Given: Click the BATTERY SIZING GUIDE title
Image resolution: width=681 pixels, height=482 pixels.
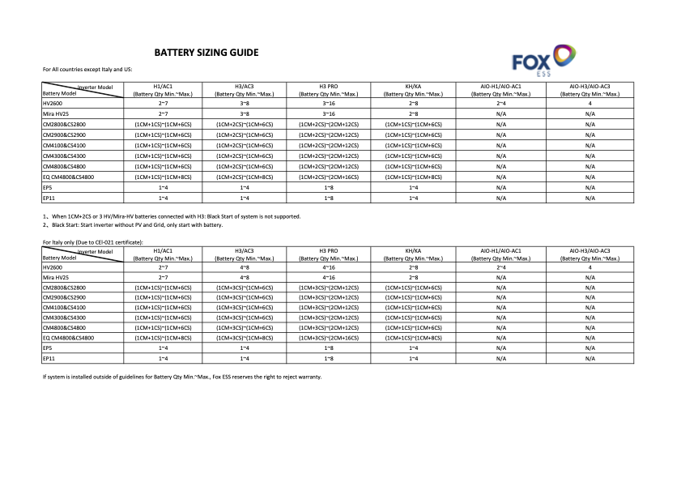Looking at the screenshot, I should click(x=206, y=53).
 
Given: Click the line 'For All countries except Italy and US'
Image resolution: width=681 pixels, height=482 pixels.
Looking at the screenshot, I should click(x=87, y=70).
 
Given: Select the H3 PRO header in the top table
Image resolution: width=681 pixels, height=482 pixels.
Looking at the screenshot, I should click(x=328, y=85).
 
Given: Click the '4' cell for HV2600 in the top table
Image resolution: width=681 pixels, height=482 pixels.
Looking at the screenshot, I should click(x=589, y=104).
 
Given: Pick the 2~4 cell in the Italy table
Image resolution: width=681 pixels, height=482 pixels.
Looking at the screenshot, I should click(x=500, y=267).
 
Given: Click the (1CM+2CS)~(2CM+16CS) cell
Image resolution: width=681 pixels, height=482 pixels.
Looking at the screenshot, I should click(x=328, y=177).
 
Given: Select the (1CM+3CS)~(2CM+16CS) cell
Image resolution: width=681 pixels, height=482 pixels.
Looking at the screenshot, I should click(x=328, y=337).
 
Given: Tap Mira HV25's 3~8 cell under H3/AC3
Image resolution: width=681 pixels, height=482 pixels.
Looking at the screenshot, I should click(x=244, y=114).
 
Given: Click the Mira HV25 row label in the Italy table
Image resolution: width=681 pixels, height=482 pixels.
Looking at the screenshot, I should click(x=56, y=277).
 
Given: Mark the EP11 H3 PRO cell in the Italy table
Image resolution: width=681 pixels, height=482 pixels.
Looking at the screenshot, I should click(x=328, y=357).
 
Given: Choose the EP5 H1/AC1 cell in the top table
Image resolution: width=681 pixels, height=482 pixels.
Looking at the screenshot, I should click(x=163, y=187).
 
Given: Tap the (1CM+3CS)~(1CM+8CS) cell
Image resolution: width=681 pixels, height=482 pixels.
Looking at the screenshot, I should click(x=244, y=337).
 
